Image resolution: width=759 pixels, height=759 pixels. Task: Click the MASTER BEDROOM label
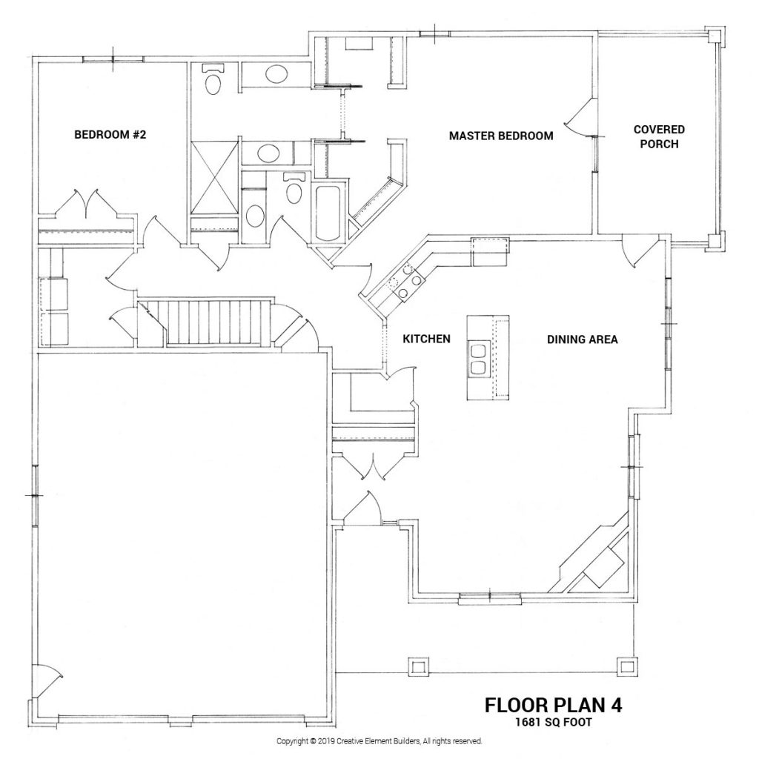(x=501, y=136)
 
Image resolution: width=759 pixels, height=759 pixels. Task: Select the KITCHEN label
(x=426, y=339)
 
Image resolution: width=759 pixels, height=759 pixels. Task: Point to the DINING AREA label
(x=582, y=339)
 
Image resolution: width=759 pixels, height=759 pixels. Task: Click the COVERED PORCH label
(x=658, y=136)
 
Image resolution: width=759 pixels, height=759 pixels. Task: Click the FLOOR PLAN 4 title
(x=553, y=704)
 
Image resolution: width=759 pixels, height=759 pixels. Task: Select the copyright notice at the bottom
(x=379, y=740)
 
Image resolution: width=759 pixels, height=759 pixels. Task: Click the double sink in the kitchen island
(x=477, y=357)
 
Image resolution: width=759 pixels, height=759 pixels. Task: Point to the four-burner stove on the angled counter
(x=404, y=284)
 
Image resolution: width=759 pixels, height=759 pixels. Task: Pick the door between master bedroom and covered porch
(x=580, y=119)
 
